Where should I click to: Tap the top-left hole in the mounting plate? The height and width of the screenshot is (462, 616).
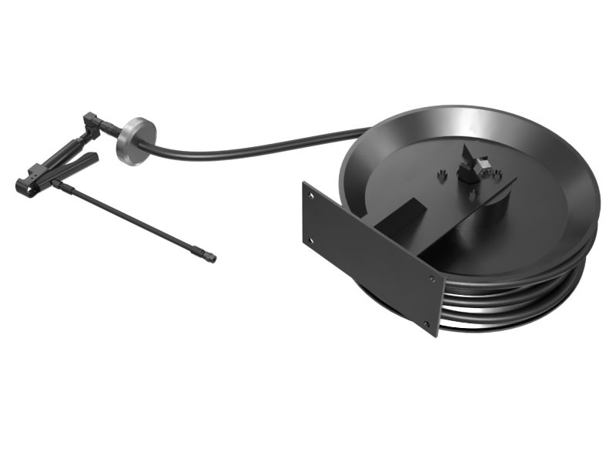[x=313, y=197]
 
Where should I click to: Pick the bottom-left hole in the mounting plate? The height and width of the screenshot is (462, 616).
[x=311, y=240]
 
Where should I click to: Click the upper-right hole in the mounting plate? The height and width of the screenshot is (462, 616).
[x=432, y=280]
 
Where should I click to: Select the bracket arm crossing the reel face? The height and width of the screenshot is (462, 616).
[x=462, y=223]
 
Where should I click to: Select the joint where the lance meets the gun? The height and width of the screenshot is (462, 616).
[x=59, y=184]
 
